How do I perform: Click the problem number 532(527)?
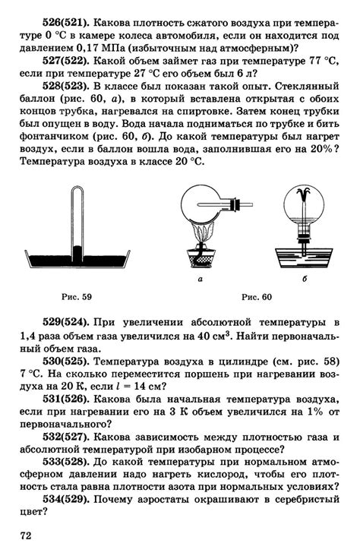(x=64, y=445)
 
